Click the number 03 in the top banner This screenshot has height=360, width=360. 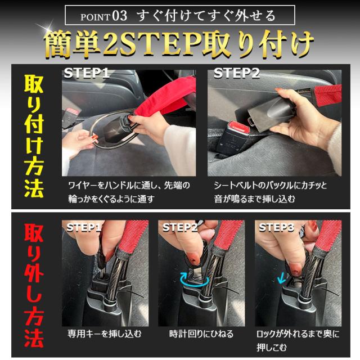tap(120, 16)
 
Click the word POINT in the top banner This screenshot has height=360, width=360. tap(95, 17)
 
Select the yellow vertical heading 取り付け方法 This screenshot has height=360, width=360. tap(34, 136)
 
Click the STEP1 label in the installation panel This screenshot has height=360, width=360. tap(87, 73)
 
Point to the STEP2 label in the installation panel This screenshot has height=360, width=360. tap(236, 73)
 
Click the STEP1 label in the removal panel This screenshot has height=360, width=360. tap(84, 227)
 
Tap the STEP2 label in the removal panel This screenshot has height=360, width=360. tap(180, 227)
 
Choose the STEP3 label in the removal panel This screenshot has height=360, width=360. tap(276, 227)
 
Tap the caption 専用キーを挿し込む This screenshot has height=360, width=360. tap(104, 334)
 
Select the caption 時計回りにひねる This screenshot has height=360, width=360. tap(201, 334)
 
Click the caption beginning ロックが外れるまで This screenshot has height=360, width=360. tap(298, 340)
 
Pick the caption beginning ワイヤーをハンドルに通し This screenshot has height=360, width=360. tap(129, 192)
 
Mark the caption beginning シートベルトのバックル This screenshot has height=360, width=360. tap(270, 192)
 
